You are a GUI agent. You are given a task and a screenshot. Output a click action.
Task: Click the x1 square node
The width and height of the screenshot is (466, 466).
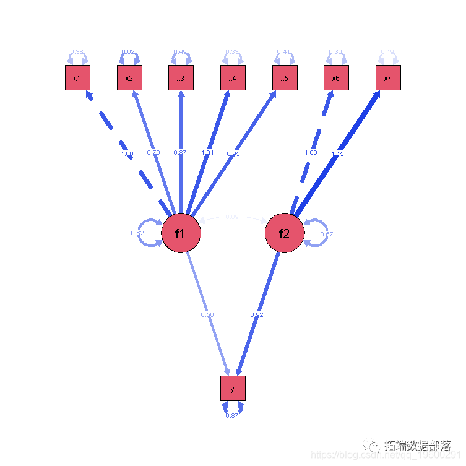click(77, 78)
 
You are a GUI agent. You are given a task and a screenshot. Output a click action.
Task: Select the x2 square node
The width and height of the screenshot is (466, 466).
click(129, 78)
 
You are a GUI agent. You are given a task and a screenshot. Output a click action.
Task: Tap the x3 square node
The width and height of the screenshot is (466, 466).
click(181, 78)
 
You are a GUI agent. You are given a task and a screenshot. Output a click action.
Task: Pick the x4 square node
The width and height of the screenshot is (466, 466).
click(233, 78)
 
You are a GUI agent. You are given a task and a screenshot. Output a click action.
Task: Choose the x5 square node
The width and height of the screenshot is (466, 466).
click(285, 78)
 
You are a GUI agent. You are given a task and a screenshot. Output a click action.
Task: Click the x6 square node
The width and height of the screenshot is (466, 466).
click(336, 78)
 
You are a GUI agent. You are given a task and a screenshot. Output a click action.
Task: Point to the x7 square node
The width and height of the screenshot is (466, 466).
click(388, 78)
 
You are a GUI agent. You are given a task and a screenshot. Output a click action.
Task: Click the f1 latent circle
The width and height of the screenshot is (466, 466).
click(181, 234)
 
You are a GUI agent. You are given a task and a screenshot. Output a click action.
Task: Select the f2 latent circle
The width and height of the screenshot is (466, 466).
click(285, 234)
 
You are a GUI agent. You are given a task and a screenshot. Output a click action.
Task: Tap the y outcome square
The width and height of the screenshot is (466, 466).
click(233, 389)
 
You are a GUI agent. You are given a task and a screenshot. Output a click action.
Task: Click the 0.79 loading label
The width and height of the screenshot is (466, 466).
click(154, 152)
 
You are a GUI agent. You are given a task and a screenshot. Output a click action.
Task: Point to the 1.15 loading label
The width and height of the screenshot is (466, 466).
click(337, 153)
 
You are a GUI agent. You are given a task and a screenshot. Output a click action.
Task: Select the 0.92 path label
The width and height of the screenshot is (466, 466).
click(257, 315)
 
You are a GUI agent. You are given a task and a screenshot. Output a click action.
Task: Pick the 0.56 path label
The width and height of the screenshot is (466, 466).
click(207, 315)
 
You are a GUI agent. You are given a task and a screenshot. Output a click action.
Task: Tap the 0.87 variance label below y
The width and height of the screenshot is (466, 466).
click(232, 415)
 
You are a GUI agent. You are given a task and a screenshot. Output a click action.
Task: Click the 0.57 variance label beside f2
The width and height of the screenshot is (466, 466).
click(327, 234)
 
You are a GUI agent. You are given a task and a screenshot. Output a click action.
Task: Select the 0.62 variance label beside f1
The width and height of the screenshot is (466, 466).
click(137, 233)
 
